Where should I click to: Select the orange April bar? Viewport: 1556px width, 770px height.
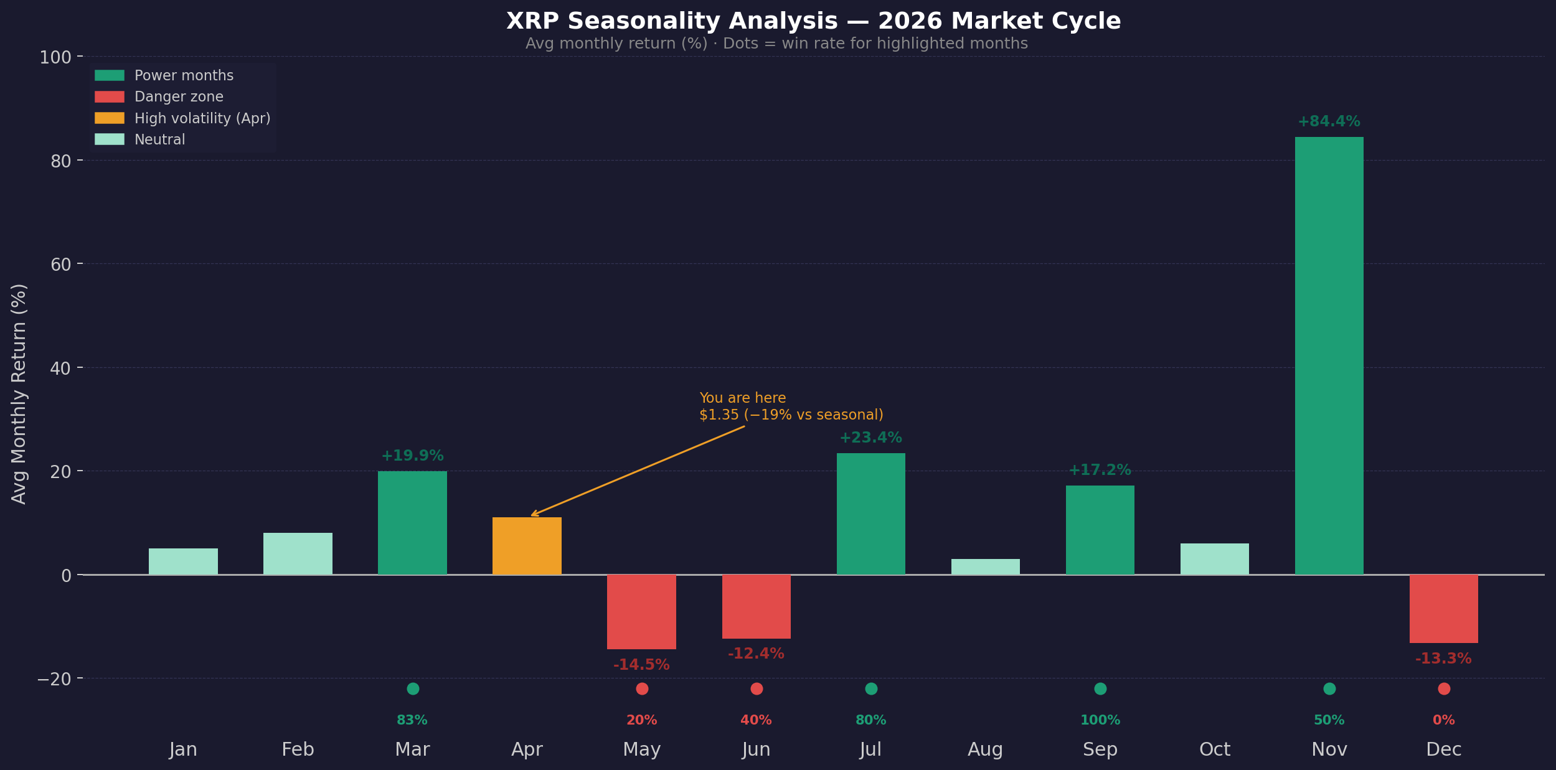click(x=527, y=546)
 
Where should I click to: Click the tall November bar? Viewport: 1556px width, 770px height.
click(x=1329, y=355)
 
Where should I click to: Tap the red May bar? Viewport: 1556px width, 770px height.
click(x=641, y=611)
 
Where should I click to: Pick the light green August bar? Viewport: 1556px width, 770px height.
click(x=985, y=566)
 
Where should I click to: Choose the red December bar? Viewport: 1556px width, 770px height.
click(x=1443, y=608)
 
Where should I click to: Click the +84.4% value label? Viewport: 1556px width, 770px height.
click(x=1329, y=121)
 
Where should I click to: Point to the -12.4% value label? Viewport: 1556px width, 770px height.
click(x=756, y=654)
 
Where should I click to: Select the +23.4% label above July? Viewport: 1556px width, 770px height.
click(x=870, y=438)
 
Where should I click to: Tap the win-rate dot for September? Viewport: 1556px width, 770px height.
click(x=1100, y=688)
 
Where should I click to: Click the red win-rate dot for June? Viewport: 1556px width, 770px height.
click(x=757, y=688)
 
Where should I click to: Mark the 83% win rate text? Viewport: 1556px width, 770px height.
click(x=412, y=720)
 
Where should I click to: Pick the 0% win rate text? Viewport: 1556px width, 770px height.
click(x=1443, y=720)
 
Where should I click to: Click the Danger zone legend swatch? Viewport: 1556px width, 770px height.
click(x=110, y=96)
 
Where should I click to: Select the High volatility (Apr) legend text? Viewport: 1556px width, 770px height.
click(x=202, y=118)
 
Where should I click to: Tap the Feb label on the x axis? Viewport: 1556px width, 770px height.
click(x=298, y=749)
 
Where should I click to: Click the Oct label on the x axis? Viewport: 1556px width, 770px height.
click(x=1214, y=749)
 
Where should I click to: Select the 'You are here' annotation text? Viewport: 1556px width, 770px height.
click(x=742, y=398)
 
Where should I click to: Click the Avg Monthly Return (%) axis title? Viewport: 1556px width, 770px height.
click(x=19, y=393)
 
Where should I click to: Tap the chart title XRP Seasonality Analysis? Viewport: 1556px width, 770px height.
click(x=813, y=21)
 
